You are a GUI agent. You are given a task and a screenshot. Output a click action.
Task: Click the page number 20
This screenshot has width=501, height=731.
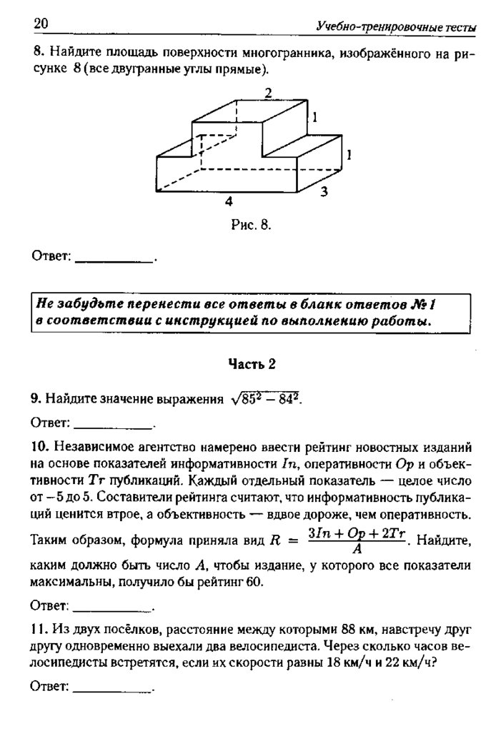point(40,24)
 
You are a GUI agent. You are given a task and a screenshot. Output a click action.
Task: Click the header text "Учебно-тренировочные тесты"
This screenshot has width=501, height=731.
point(396,27)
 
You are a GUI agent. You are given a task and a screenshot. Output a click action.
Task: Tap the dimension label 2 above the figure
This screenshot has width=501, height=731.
point(268,93)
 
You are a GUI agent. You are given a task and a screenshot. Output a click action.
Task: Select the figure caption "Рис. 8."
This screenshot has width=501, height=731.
point(252,226)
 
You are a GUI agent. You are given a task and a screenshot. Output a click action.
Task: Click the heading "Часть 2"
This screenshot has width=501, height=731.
point(252,363)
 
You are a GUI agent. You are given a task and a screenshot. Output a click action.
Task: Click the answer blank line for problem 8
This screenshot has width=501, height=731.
point(114,262)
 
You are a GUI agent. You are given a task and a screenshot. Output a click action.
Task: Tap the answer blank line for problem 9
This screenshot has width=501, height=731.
point(114,426)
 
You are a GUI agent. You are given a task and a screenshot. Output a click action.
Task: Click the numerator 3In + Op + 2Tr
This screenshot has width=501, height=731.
point(355,533)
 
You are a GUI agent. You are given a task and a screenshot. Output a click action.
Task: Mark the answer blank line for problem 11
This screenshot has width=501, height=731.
point(114,690)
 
